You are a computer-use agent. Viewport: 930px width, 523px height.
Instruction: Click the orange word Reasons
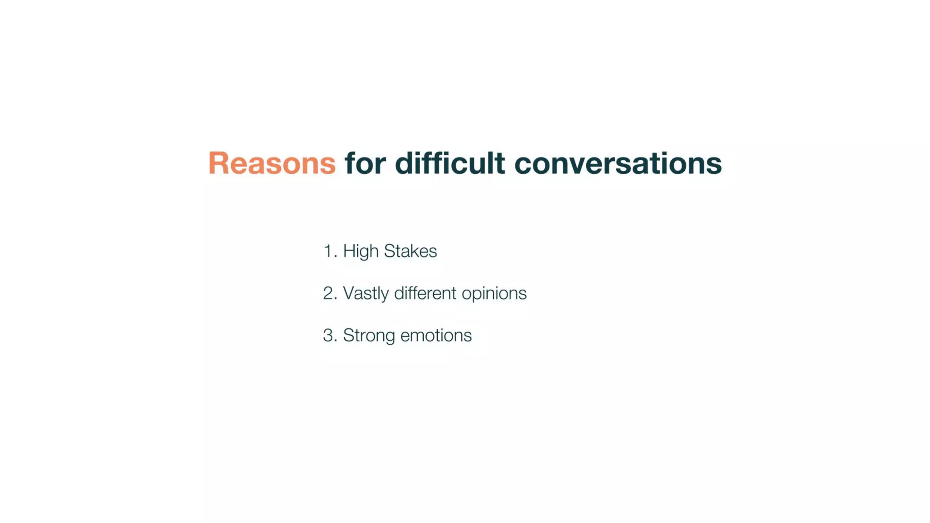coord(272,163)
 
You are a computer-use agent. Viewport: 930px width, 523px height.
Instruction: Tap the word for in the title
coord(365,163)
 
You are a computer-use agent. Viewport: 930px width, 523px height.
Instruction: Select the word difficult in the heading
coord(450,163)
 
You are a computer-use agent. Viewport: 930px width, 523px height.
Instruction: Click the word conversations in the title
coord(618,163)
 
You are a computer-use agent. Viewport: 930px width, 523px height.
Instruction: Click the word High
coord(361,251)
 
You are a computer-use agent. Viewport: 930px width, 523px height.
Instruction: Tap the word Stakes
coord(410,251)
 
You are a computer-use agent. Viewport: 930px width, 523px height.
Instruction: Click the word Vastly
coord(366,293)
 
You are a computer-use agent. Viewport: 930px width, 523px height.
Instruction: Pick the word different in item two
coord(425,293)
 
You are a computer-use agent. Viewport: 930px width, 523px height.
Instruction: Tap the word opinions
coord(494,293)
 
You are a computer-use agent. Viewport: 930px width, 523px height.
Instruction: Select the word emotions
coord(436,336)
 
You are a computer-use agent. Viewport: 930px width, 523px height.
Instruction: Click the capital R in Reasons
coord(218,163)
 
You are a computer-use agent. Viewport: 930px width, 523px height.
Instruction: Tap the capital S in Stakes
coord(389,251)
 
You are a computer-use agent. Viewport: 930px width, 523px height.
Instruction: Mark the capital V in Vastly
coord(348,293)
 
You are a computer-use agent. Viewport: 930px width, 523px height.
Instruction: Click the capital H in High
coord(349,251)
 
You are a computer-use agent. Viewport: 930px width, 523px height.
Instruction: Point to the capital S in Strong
coord(349,336)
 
